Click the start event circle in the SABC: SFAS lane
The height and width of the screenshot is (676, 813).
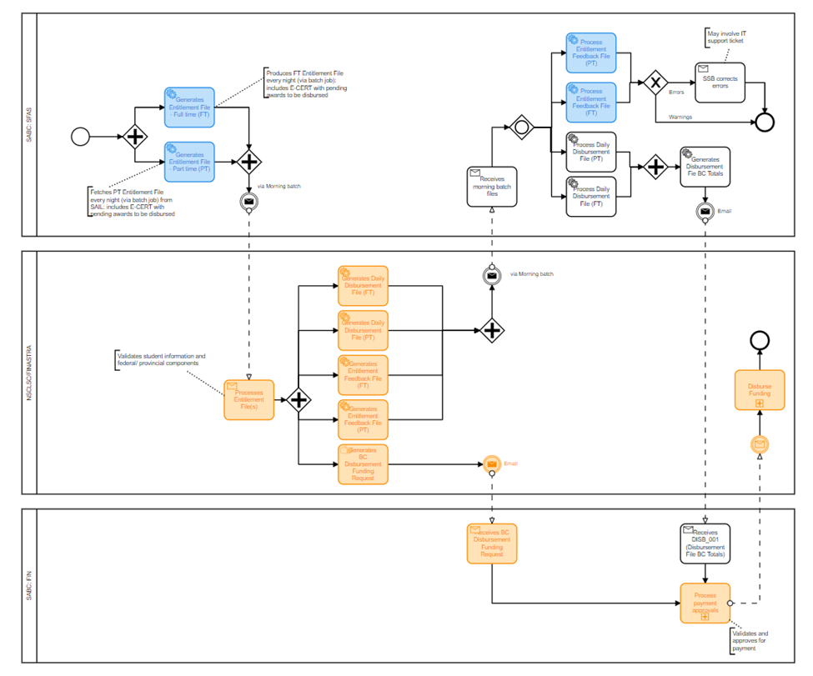(81, 135)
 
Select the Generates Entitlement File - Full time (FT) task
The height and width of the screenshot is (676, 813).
(189, 108)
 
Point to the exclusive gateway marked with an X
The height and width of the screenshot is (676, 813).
(656, 83)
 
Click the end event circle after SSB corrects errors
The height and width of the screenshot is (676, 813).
(765, 122)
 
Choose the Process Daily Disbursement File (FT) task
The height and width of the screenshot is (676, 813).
(591, 197)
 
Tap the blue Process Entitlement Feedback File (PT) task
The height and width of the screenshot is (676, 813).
(591, 53)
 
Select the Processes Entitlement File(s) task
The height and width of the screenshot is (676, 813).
(248, 399)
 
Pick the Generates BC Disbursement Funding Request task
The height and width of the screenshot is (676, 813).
(363, 463)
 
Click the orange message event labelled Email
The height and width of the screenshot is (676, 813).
(492, 463)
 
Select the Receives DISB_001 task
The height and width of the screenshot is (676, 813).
(705, 543)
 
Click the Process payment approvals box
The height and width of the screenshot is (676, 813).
(705, 603)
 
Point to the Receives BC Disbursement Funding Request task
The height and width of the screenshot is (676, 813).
(492, 543)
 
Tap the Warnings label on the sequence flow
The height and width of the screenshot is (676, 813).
(680, 117)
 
